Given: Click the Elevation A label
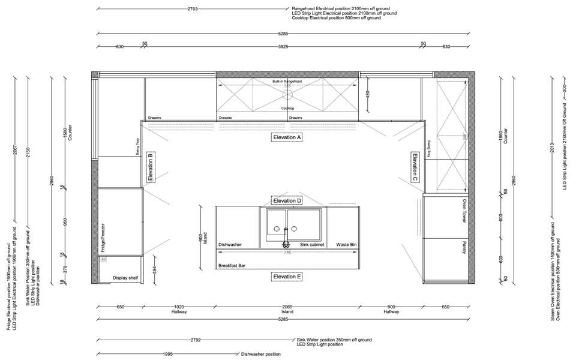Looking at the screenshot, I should (287, 137).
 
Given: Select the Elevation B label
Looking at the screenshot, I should (151, 167).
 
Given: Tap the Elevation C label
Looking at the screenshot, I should (415, 167).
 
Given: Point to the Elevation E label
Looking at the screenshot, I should (287, 277).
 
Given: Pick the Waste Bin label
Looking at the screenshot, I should (346, 245).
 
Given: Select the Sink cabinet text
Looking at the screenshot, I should (313, 245).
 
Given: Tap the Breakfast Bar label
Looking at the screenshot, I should (232, 265).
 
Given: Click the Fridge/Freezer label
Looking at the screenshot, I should (103, 236).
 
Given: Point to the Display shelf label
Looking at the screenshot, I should (126, 278).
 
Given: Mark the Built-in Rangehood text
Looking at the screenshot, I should (287, 80).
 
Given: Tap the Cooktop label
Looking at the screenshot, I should (287, 108).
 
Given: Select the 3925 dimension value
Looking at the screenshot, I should (287, 46).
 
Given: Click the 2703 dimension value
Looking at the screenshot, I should (193, 10).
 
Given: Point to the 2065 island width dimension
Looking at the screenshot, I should (287, 307).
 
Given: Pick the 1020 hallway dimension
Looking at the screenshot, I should (178, 307).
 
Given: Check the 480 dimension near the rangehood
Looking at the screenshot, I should (368, 94).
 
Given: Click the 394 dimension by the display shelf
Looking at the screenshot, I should (154, 271).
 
